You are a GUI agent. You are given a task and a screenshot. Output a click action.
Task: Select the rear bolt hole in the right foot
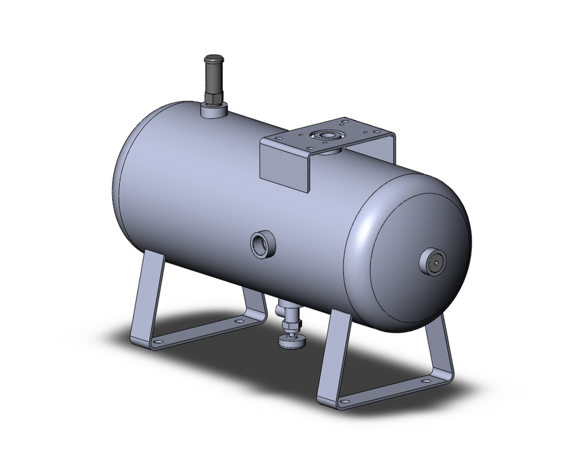pos(426,381)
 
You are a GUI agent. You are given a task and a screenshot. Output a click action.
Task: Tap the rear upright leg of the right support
pos(440,344)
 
